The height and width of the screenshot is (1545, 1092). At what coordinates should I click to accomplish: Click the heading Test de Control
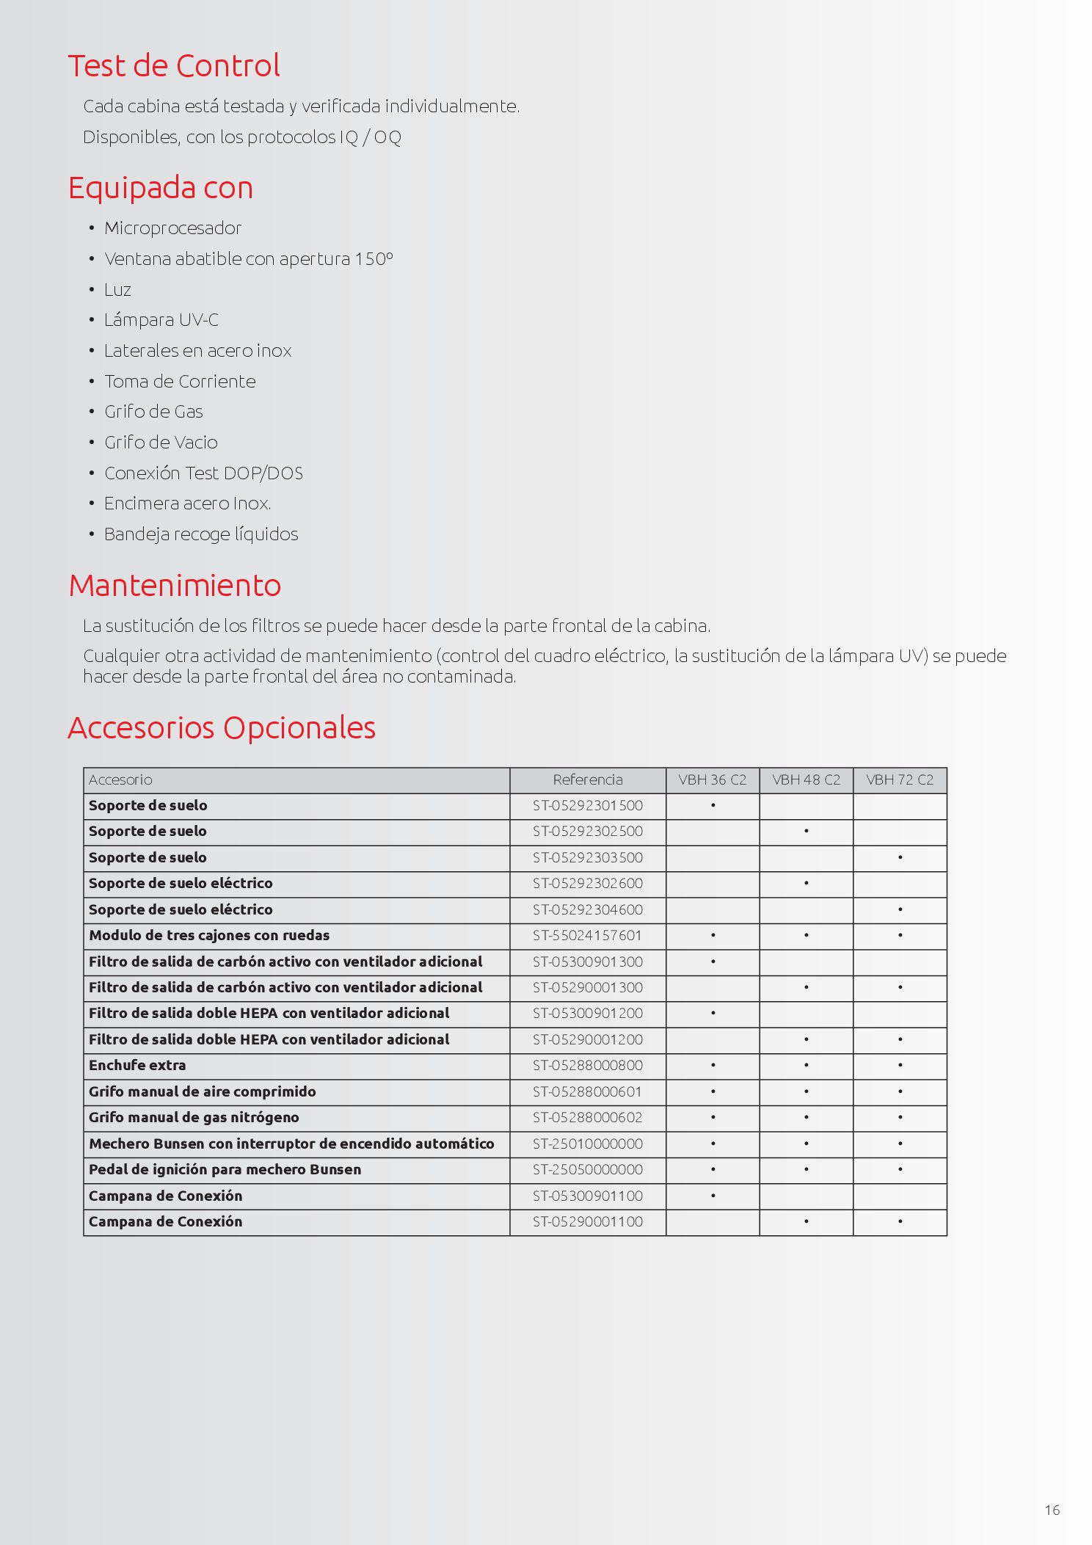[174, 66]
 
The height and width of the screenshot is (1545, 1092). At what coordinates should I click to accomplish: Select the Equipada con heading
[161, 188]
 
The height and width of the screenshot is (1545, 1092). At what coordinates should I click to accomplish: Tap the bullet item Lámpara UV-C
[161, 320]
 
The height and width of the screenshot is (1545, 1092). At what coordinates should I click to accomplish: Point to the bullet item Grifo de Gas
[153, 412]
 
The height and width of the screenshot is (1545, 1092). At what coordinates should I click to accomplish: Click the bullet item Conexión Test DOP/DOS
[203, 473]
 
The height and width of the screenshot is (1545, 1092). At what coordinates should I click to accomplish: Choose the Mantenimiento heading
[175, 586]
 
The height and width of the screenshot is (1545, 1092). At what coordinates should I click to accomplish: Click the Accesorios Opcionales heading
[222, 728]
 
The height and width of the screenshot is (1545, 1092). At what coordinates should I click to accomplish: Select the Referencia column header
[588, 780]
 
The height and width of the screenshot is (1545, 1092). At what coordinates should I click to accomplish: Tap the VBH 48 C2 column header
[806, 780]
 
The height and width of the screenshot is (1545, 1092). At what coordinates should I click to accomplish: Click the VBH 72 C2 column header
[900, 780]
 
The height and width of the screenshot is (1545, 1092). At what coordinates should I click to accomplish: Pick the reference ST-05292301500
[588, 806]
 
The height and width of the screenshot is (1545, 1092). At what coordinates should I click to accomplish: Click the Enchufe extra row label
[137, 1066]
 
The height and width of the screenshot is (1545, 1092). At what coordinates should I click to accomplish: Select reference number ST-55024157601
[588, 936]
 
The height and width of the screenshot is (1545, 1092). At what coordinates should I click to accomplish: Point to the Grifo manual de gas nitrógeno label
[194, 1118]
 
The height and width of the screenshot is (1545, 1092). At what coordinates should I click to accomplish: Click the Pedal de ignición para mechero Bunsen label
[225, 1170]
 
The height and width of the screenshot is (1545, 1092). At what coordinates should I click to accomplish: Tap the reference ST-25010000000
[588, 1144]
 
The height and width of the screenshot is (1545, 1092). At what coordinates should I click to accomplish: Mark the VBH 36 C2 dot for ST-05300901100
[713, 1196]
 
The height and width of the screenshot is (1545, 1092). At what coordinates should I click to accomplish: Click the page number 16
[1052, 1510]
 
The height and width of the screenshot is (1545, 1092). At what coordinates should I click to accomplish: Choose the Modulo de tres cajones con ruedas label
[209, 936]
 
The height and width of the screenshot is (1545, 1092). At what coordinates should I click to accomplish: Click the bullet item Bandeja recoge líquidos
[201, 534]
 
